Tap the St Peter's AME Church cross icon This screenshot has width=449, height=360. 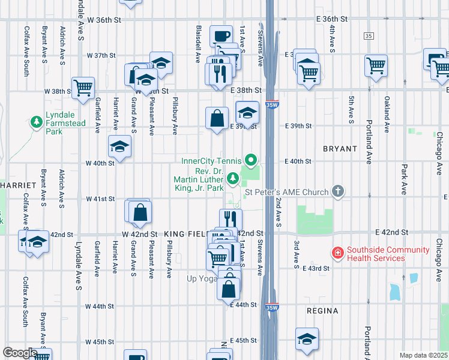(339, 192)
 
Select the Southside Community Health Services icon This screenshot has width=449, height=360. (337, 254)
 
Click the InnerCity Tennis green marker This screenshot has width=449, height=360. (252, 161)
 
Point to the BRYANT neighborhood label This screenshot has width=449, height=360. (340, 148)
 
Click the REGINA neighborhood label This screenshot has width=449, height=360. (322, 311)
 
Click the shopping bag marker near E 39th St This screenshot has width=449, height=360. (217, 119)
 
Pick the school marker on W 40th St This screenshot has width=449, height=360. (119, 146)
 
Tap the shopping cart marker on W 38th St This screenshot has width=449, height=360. (83, 88)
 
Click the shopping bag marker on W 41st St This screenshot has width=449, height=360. (140, 212)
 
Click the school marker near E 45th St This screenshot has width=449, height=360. (307, 339)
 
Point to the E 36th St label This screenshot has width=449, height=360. (332, 19)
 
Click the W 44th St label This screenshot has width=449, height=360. (100, 306)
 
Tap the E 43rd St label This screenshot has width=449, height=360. (316, 268)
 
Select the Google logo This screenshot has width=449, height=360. (20, 353)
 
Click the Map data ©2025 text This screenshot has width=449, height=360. (423, 355)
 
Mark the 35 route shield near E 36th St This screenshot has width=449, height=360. (368, 37)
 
